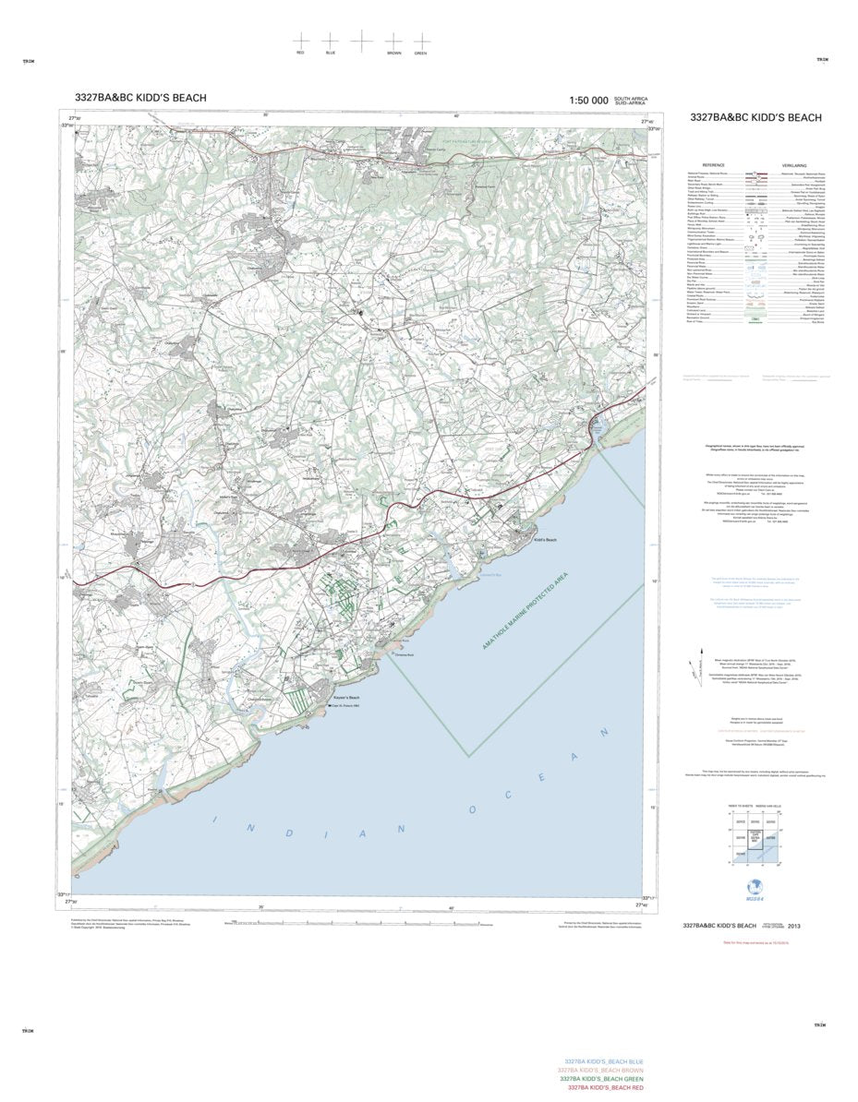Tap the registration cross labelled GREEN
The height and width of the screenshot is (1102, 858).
pyautogui.click(x=421, y=42)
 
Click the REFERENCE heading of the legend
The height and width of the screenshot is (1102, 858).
pyautogui.click(x=715, y=165)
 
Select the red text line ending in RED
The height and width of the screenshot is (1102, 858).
pyautogui.click(x=605, y=1088)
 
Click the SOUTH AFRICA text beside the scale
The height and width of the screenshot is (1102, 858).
pyautogui.click(x=632, y=98)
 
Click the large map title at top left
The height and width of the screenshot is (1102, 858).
pyautogui.click(x=140, y=98)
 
